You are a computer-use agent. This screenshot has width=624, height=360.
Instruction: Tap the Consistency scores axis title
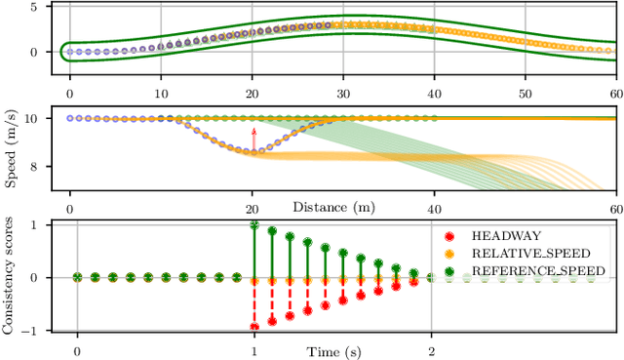(x=11, y=278)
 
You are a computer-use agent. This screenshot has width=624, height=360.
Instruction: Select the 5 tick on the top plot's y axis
(x=36, y=7)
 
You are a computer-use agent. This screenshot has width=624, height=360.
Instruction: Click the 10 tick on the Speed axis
(x=32, y=119)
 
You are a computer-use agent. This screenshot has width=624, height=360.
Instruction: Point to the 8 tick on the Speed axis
(x=36, y=167)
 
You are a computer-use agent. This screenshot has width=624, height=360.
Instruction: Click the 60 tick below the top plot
(x=614, y=93)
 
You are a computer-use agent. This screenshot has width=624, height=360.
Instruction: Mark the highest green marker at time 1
(x=254, y=224)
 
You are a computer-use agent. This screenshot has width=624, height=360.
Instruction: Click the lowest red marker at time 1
(x=254, y=328)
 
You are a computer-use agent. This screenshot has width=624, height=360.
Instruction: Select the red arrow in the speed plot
(x=254, y=140)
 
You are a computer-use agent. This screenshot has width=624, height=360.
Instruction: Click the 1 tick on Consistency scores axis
(x=36, y=224)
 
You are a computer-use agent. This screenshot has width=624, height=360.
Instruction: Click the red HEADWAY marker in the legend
(x=451, y=236)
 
